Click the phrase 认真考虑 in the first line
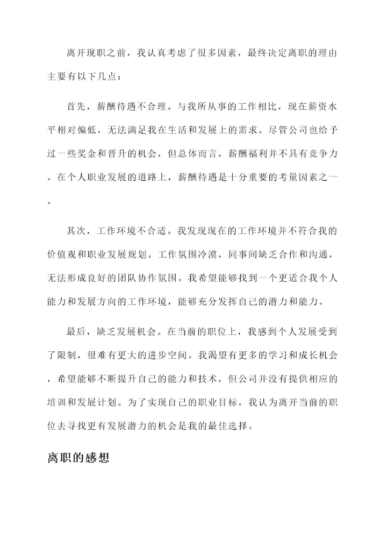168,53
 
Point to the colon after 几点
119,76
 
